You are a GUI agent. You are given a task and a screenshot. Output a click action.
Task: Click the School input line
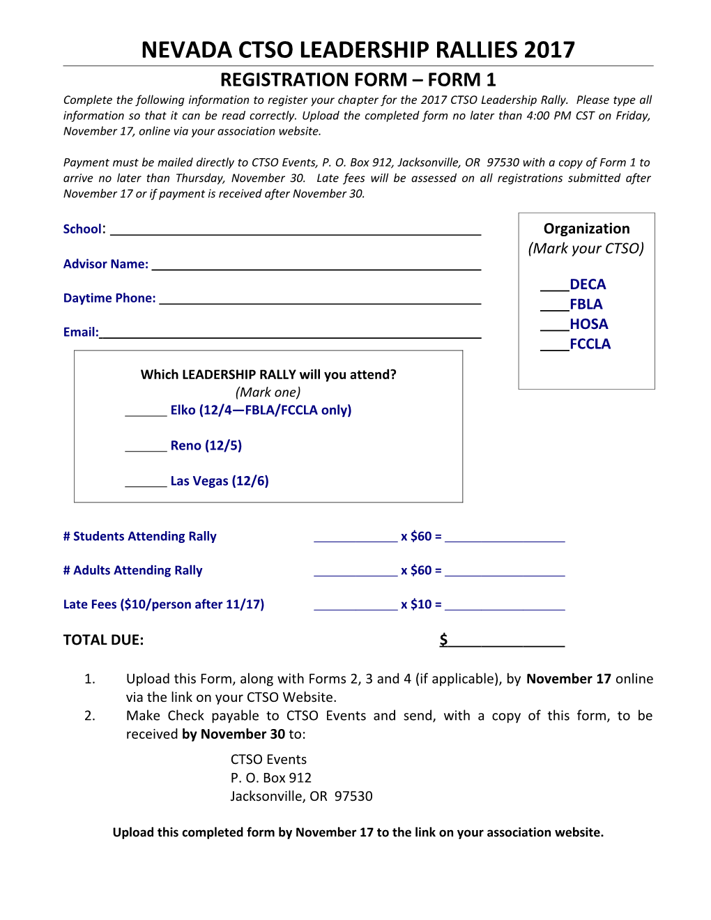tap(296, 230)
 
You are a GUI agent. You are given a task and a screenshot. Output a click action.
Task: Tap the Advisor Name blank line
tap(316, 264)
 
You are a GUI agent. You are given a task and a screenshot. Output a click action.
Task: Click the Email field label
tap(81, 332)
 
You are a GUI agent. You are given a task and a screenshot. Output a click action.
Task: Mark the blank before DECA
tap(554, 285)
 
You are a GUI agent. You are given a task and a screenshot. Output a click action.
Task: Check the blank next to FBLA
tap(554, 305)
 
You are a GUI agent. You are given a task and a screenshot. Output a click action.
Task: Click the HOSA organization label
tap(589, 324)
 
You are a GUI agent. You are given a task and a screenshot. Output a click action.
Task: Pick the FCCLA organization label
tap(590, 344)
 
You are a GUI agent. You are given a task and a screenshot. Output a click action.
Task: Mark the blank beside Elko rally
tap(146, 411)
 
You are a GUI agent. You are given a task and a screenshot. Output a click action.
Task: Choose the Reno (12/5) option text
tap(206, 446)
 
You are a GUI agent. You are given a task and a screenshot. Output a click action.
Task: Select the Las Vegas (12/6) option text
tap(220, 482)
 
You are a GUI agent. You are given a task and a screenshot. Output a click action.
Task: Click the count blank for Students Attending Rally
tap(355, 537)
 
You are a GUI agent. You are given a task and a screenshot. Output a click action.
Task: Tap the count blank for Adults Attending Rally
tap(355, 571)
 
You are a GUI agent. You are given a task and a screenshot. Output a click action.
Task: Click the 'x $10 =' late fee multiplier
tap(421, 605)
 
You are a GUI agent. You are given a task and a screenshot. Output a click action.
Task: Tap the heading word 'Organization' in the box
tap(586, 229)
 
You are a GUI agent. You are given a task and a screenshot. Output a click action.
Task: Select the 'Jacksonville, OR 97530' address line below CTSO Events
tap(301, 797)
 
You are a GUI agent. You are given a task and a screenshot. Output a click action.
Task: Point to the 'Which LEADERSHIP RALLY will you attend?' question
tap(268, 375)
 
